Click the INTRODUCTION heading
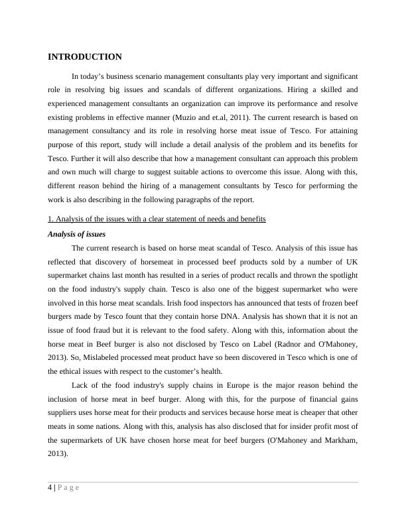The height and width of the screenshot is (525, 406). pyautogui.click(x=84, y=57)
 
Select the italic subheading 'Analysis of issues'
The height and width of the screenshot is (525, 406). pyautogui.click(x=76, y=234)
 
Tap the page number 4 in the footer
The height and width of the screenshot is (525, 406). pyautogui.click(x=50, y=489)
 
